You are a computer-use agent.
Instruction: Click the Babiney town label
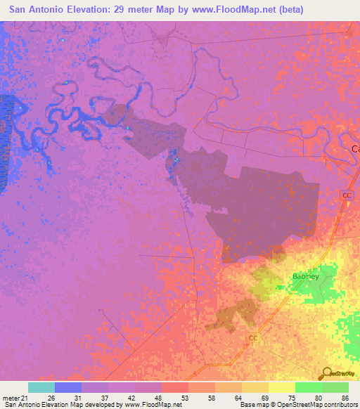pos(306,276)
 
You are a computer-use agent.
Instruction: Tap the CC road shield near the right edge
pos(347,195)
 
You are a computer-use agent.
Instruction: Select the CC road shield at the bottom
pos(254,338)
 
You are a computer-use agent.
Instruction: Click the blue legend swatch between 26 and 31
pos(68,387)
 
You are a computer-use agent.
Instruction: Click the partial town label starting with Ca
pos(355,149)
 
